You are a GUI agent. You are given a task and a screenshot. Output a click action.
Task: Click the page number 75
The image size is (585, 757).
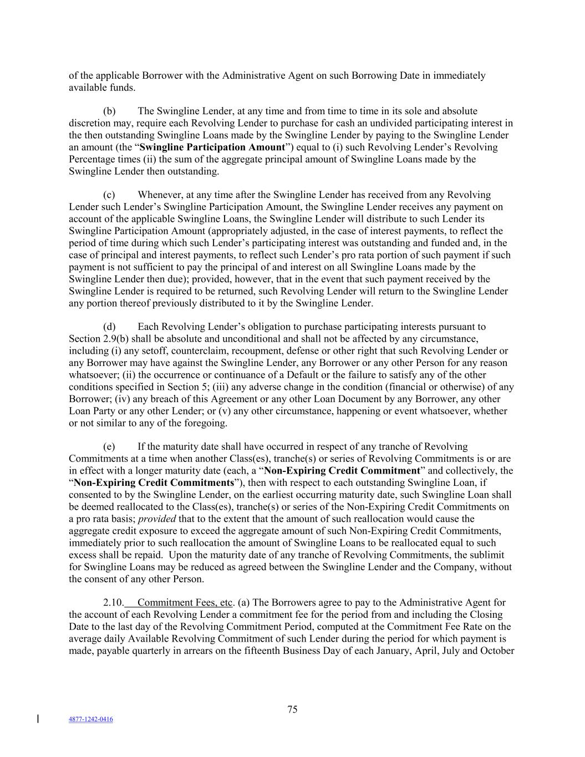pyautogui.click(x=292, y=709)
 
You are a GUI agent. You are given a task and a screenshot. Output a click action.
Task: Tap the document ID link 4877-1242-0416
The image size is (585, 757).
pyautogui.click(x=90, y=719)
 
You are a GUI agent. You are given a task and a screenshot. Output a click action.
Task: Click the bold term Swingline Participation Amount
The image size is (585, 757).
pyautogui.click(x=212, y=147)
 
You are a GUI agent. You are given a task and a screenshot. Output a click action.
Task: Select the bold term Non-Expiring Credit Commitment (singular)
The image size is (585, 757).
pyautogui.click(x=342, y=471)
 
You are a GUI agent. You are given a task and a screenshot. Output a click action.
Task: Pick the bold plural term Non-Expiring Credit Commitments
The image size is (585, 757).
pyautogui.click(x=154, y=482)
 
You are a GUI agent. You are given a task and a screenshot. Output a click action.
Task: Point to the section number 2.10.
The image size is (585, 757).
pyautogui.click(x=113, y=603)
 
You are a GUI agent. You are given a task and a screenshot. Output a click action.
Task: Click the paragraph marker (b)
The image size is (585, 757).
pyautogui.click(x=109, y=111)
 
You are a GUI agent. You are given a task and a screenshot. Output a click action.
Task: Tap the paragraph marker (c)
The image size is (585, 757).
pyautogui.click(x=109, y=195)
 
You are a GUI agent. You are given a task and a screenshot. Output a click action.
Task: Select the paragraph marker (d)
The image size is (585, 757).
pyautogui.click(x=109, y=327)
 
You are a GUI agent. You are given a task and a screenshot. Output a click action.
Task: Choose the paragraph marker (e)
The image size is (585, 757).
pyautogui.click(x=109, y=447)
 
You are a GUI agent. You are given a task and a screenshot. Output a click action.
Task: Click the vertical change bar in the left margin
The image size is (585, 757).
pyautogui.click(x=38, y=719)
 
